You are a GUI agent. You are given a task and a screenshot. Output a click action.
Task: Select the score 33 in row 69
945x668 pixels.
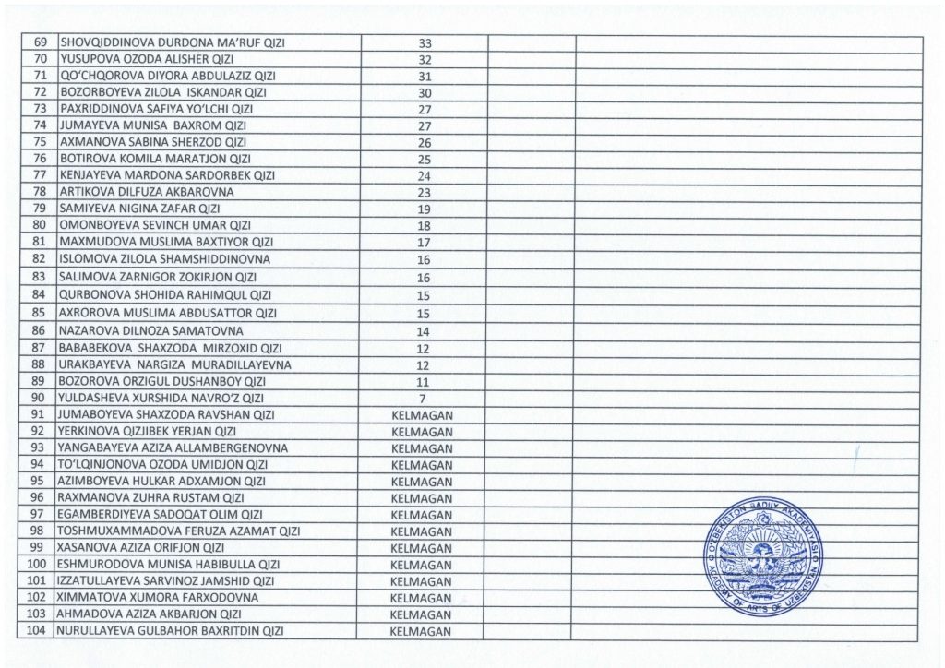click(x=425, y=42)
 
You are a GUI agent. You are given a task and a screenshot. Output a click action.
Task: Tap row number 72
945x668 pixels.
click(x=40, y=92)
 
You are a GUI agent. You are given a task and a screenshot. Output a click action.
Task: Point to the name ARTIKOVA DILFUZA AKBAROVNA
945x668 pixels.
click(x=147, y=192)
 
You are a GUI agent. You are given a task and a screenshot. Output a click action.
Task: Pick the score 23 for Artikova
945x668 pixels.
click(x=425, y=192)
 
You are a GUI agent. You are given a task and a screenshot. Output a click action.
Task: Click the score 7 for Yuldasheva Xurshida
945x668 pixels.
click(x=424, y=398)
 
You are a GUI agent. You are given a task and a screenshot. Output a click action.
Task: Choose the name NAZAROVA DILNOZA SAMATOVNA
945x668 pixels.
click(x=151, y=330)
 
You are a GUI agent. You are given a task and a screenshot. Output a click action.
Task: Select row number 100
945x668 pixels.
click(x=38, y=565)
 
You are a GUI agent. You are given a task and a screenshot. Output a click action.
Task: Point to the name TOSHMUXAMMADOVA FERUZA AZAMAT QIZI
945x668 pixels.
click(x=179, y=531)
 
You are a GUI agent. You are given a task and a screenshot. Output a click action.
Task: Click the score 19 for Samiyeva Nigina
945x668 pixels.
click(x=425, y=209)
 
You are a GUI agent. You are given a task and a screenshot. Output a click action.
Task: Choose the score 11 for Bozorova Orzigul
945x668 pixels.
click(x=424, y=381)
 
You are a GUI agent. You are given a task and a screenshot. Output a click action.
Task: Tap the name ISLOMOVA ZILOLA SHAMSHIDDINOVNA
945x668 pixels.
click(x=165, y=259)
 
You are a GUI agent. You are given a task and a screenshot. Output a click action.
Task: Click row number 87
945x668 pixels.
click(x=40, y=348)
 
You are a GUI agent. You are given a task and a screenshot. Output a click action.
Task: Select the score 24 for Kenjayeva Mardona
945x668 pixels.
click(x=425, y=175)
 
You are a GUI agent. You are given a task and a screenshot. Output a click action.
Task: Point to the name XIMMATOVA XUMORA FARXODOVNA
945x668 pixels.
click(x=158, y=598)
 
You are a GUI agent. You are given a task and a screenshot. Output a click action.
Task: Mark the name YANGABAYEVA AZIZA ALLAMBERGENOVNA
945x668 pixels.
click(x=173, y=447)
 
